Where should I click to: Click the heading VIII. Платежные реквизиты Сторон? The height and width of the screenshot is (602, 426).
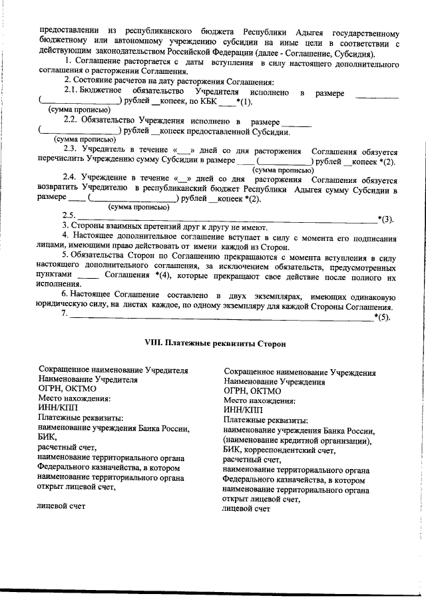click(215, 343)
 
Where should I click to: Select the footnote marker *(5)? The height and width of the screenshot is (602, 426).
click(383, 317)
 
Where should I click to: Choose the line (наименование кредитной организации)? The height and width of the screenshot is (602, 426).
click(298, 440)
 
